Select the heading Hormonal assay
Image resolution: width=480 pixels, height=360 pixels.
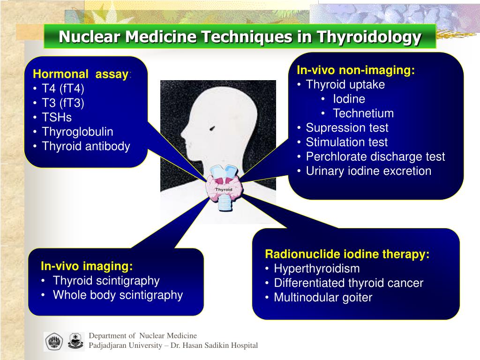tap(81, 74)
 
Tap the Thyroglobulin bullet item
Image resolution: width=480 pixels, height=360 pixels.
tap(78, 132)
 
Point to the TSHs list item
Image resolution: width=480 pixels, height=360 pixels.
tap(57, 117)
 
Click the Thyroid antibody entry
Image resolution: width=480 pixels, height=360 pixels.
tap(86, 146)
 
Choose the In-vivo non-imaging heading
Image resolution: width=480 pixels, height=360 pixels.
tap(356, 70)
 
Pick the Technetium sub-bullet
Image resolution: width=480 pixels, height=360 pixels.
tap(363, 113)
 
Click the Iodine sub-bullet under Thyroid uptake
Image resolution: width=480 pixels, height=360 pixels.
tap(349, 99)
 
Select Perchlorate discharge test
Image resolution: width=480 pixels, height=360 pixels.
tap(375, 157)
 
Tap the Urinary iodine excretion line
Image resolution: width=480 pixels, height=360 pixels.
tap(368, 171)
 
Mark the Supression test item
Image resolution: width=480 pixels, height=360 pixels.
tap(347, 128)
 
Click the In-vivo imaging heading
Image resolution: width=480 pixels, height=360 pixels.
tap(87, 266)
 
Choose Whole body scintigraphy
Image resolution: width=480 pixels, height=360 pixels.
tap(118, 295)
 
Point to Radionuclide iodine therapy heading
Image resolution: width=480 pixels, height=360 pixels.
tap(347, 254)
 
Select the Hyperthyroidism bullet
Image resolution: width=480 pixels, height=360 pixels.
tap(317, 269)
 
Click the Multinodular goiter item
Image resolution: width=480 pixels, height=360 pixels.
tap(323, 297)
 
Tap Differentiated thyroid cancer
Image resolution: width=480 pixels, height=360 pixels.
tap(349, 283)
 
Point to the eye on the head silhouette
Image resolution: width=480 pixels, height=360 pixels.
tap(213, 127)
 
